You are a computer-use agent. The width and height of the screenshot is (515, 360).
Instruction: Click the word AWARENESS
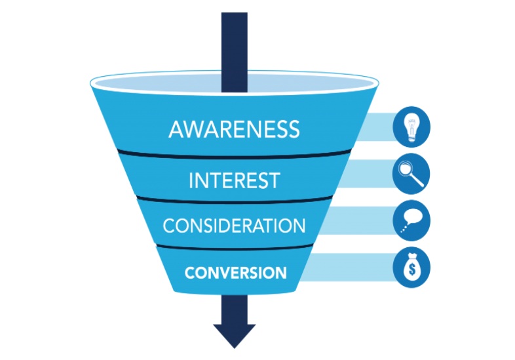click(x=234, y=129)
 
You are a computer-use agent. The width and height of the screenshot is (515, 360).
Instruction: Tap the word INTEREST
click(x=234, y=180)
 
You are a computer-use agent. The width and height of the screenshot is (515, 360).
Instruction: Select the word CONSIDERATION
click(x=234, y=226)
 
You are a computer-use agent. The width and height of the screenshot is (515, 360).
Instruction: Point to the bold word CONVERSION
click(x=235, y=271)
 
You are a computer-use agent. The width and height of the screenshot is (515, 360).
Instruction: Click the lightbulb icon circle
click(x=411, y=127)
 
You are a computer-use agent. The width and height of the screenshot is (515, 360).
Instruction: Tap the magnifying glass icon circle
click(x=411, y=174)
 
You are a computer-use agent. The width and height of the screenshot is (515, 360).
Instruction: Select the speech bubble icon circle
click(x=411, y=221)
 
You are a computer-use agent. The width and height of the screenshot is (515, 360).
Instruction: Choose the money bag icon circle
click(x=411, y=267)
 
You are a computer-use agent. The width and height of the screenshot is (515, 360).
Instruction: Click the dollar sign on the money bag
click(x=411, y=270)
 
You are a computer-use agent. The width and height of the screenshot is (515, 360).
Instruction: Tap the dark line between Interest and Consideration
click(x=234, y=201)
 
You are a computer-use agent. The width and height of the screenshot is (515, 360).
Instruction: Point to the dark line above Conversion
click(x=234, y=248)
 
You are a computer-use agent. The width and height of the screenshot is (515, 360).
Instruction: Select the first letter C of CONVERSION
click(x=189, y=271)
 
